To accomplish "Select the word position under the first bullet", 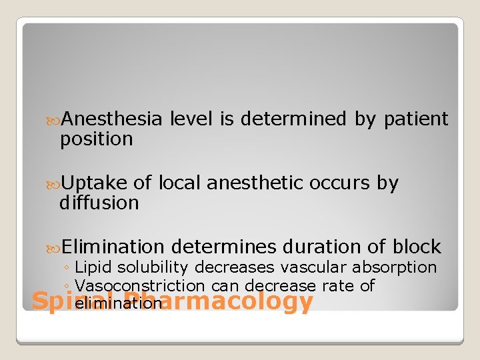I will coord(97,139).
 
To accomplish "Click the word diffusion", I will coord(99,203).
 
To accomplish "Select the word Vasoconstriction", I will coord(140,286).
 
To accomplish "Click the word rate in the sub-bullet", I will coord(337,286).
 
